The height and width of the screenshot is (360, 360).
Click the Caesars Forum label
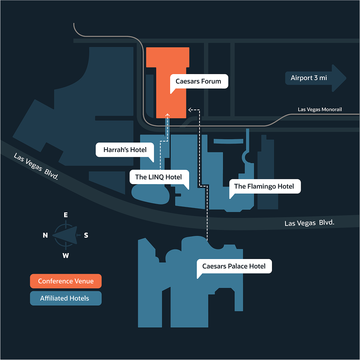[x=198, y=81]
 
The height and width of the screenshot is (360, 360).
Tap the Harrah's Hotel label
[x=125, y=150]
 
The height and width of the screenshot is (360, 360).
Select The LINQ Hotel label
[x=158, y=177]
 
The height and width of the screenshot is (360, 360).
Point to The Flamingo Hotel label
[x=264, y=186]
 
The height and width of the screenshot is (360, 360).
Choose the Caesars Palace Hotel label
[x=234, y=266]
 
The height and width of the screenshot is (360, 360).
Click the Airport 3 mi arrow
[x=315, y=78]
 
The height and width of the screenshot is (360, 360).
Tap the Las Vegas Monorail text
[x=320, y=109]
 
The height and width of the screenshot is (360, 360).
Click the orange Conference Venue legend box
[x=66, y=281]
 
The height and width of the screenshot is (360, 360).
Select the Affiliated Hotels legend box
[x=66, y=298]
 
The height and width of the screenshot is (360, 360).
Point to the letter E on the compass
[x=66, y=215]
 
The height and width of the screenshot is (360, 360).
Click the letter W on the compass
[x=66, y=256]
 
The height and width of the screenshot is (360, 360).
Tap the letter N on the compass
[x=45, y=235]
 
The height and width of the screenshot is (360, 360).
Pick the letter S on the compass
[x=86, y=235]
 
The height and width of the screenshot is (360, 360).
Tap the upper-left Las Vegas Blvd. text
[x=36, y=166]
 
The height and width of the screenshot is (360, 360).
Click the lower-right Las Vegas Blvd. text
[x=309, y=223]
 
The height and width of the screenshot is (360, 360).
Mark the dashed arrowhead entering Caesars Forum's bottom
[x=167, y=115]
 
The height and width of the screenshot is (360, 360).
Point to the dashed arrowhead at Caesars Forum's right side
[x=190, y=109]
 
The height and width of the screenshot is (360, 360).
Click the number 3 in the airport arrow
[x=316, y=78]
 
